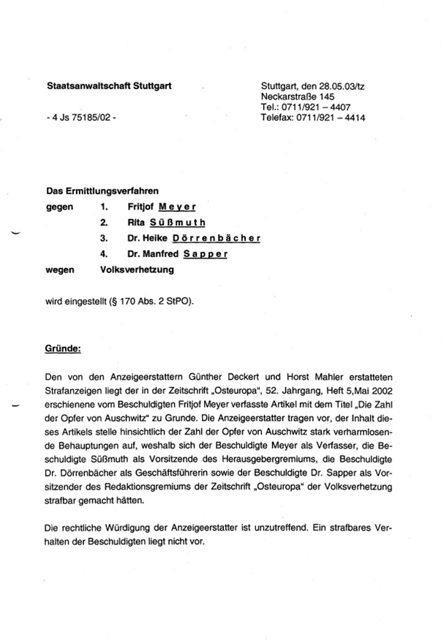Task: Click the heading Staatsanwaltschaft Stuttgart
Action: (109, 86)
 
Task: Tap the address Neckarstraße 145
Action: (298, 97)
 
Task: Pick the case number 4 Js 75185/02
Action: (80, 117)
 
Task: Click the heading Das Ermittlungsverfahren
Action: (102, 192)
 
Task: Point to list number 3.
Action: (104, 239)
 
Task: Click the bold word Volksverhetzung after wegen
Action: (137, 269)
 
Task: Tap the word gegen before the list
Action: (59, 207)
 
